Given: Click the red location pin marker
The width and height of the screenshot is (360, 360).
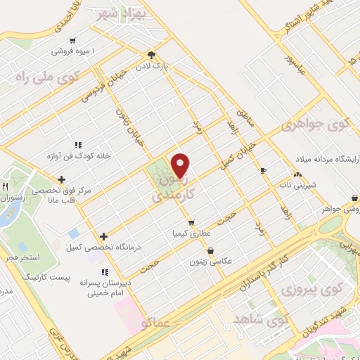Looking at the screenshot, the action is [181, 165].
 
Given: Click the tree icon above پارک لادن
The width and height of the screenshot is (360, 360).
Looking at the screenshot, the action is [150, 55].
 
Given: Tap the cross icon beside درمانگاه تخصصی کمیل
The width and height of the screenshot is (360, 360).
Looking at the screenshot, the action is [104, 237].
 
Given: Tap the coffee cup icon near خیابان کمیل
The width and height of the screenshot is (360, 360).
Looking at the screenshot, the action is [263, 170].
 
